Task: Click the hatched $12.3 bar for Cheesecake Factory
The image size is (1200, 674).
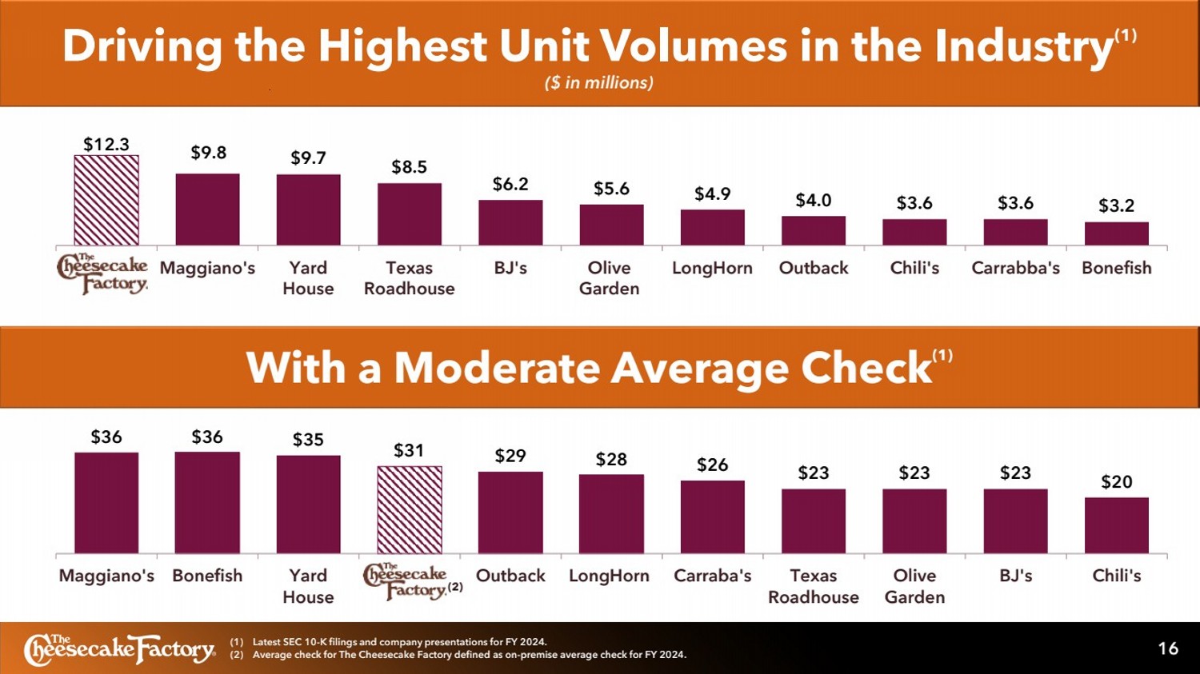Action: (x=106, y=200)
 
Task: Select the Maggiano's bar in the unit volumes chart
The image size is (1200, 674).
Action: (x=207, y=209)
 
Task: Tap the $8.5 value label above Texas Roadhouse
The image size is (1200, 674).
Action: (x=409, y=167)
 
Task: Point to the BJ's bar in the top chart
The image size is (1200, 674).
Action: (x=510, y=222)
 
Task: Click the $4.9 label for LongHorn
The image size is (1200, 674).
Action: (x=712, y=194)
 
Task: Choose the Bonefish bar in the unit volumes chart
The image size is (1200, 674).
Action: (x=1116, y=233)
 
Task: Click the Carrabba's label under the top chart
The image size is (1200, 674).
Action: (x=1015, y=268)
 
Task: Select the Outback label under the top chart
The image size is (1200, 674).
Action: (x=814, y=268)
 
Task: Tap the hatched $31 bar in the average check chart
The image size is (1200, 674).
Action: (x=410, y=509)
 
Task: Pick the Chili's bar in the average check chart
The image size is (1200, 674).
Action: (x=1116, y=525)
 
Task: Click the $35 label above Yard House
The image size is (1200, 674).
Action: (x=308, y=440)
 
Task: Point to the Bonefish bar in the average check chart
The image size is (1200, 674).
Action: (x=207, y=502)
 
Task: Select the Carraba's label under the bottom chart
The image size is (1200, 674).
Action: (x=712, y=576)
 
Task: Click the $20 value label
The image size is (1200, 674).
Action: (x=1116, y=482)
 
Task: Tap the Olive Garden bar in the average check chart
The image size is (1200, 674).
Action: (x=914, y=520)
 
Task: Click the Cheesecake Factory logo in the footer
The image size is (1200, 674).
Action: (x=120, y=649)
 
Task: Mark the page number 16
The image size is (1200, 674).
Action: (x=1168, y=648)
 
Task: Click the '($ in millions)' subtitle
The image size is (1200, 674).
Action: (x=599, y=83)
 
